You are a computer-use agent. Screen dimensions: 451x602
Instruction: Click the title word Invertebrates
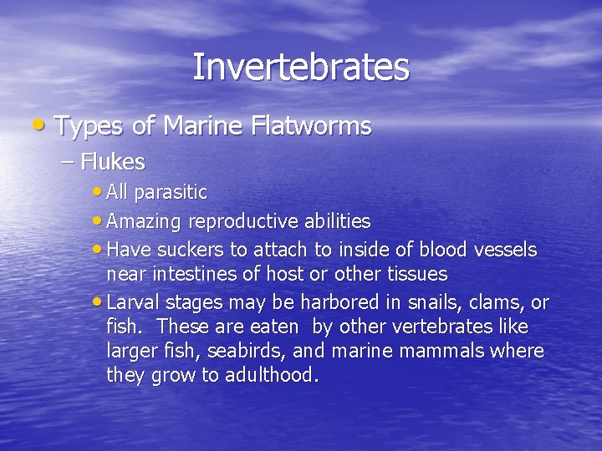[x=301, y=67]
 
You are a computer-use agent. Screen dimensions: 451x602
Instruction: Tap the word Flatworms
[x=310, y=126]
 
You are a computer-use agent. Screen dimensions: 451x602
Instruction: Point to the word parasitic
[x=171, y=192]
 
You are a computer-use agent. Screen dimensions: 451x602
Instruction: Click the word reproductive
[x=241, y=220]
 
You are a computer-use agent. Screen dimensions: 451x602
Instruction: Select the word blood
[x=438, y=249]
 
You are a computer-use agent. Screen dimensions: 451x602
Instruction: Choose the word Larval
[x=133, y=302]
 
